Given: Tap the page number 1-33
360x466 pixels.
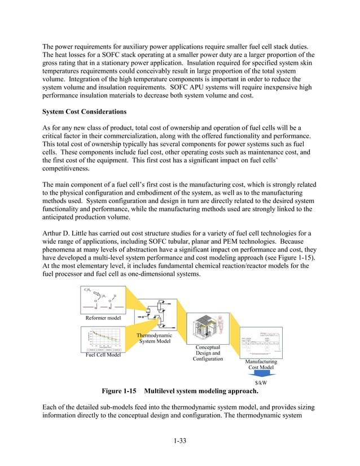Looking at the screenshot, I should pos(179,441).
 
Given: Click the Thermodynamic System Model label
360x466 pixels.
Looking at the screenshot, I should pos(156,338).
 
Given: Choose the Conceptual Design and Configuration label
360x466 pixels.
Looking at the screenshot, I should pos(208,353).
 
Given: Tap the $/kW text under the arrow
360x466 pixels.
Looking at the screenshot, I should pos(261,382).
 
